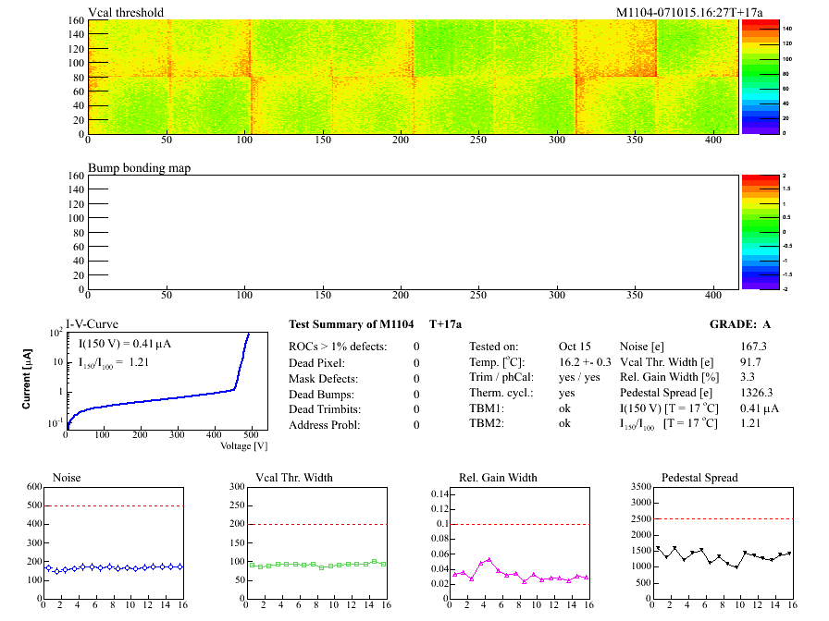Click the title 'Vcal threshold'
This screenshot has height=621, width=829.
(126, 12)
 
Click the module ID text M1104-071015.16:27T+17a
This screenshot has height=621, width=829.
(676, 12)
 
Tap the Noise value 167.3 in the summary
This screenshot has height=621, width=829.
(754, 347)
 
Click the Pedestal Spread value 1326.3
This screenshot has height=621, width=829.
(757, 394)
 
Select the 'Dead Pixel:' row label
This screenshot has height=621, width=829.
(317, 362)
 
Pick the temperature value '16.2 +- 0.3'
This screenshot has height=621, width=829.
(585, 362)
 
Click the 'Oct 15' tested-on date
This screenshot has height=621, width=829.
(575, 347)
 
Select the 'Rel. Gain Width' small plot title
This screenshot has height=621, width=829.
(498, 478)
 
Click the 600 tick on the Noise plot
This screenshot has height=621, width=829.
(35, 487)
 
